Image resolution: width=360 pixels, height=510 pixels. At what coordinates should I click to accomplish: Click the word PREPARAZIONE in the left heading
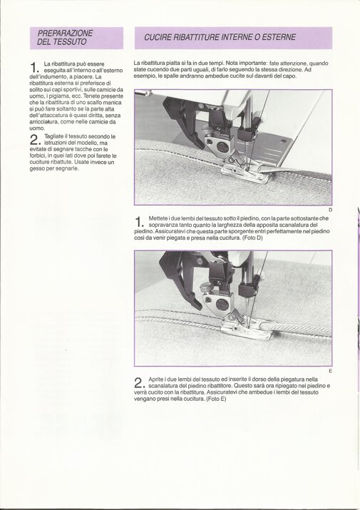65,34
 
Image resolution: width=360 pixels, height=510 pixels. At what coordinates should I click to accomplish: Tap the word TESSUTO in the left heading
70,41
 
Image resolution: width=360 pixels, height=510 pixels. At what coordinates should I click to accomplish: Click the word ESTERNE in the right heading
279,37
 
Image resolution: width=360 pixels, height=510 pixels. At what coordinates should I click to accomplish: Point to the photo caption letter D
330,210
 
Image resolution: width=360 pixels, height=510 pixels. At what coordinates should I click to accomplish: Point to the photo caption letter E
330,371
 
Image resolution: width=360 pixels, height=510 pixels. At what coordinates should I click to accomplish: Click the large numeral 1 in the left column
34,67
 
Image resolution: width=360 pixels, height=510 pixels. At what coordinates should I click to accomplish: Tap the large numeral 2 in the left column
34,140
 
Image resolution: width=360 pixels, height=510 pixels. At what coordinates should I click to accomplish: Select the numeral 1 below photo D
138,222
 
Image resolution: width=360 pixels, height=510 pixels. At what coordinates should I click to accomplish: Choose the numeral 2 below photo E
138,383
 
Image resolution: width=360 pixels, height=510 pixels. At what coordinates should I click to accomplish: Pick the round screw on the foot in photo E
222,304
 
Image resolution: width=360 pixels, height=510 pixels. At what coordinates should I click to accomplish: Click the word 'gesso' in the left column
37,169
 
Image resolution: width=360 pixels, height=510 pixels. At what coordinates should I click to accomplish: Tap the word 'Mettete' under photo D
158,218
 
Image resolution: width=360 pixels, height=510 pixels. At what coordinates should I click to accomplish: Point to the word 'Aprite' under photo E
156,379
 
